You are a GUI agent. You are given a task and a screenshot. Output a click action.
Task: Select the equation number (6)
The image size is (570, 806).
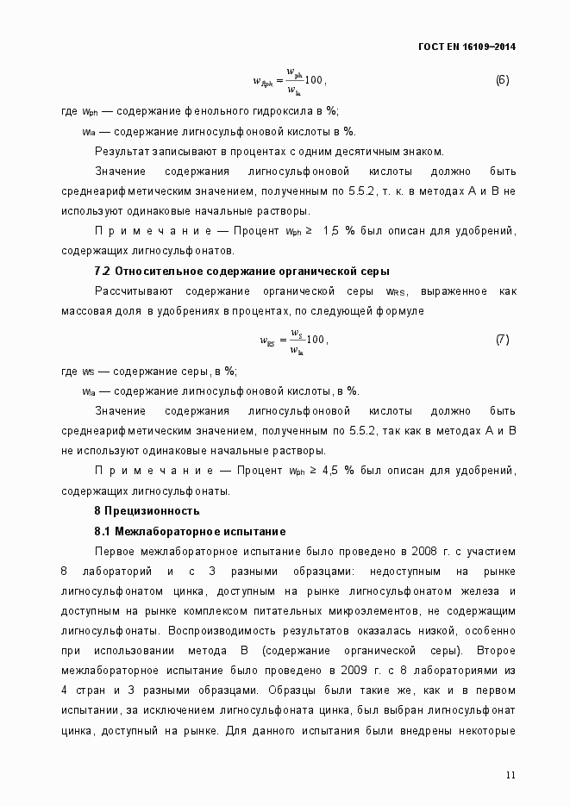pyautogui.click(x=502, y=80)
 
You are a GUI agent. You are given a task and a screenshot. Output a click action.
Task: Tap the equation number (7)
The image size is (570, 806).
pyautogui.click(x=502, y=340)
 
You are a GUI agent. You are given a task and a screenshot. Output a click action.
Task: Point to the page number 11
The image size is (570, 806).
pyautogui.click(x=510, y=775)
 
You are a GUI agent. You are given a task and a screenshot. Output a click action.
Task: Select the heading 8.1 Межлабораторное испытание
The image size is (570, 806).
pyautogui.click(x=190, y=531)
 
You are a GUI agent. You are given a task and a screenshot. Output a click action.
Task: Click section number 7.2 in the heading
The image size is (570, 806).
pyautogui.click(x=103, y=272)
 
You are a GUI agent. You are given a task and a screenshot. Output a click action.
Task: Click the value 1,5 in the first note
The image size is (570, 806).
pyautogui.click(x=332, y=231)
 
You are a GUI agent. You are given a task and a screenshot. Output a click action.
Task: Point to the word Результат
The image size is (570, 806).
pyautogui.click(x=122, y=151)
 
